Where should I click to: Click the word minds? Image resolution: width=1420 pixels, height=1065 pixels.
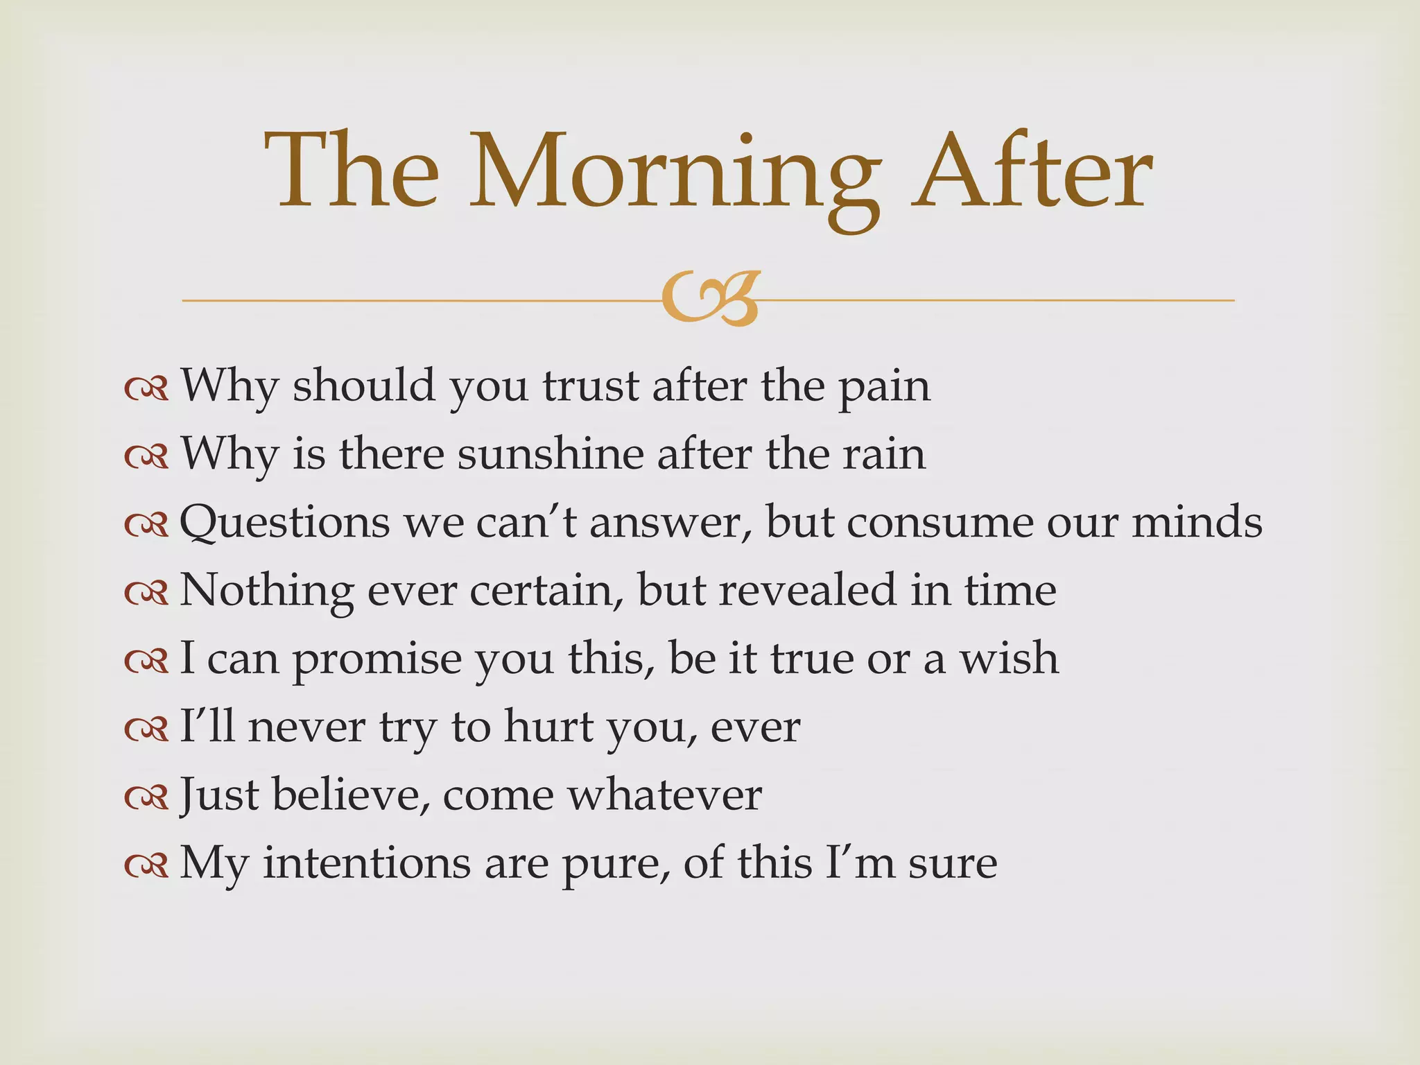[x=1197, y=522]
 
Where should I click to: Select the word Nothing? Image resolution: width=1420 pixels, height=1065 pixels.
[x=267, y=591]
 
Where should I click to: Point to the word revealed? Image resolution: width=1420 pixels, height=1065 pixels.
[x=807, y=590]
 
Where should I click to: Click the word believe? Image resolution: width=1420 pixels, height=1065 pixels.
[x=347, y=795]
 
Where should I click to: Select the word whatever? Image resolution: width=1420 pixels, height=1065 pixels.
[x=665, y=795]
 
